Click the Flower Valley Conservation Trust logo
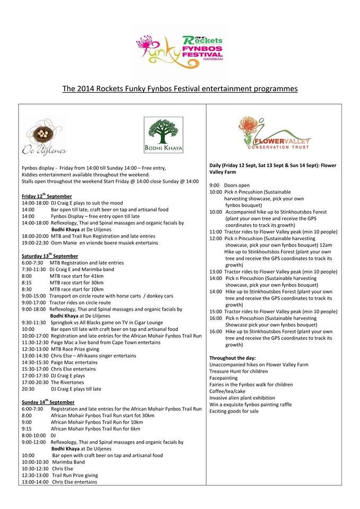click(x=275, y=135)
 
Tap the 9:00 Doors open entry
click(x=227, y=185)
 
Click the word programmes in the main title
click(x=269, y=89)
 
